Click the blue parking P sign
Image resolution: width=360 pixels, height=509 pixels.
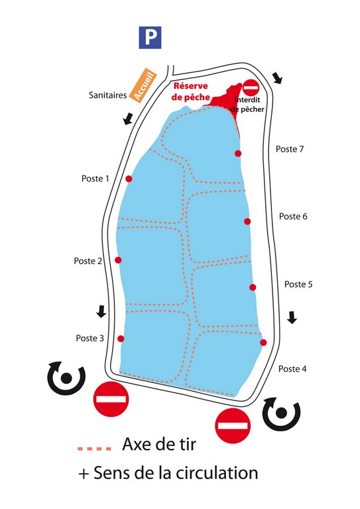tap(150, 37)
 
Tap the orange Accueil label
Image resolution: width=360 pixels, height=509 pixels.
tap(143, 85)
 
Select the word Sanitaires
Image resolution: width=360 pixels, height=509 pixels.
tap(108, 95)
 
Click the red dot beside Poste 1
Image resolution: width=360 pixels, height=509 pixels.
tap(129, 179)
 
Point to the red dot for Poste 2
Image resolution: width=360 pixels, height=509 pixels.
tap(118, 260)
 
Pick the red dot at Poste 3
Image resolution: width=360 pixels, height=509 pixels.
tap(121, 339)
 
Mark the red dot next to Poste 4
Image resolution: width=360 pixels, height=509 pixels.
tap(263, 343)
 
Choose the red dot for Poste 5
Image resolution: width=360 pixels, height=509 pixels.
tap(253, 287)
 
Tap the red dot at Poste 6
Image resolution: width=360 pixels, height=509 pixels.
tap(247, 221)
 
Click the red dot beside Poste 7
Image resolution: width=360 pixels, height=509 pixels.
tap(238, 154)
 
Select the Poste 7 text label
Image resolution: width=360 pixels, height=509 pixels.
tap(290, 149)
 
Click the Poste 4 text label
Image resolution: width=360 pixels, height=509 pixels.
tap(292, 368)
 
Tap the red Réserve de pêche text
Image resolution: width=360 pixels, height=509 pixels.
tap(190, 91)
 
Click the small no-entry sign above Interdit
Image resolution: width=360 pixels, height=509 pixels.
tap(251, 87)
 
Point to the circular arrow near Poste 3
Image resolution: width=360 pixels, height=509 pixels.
tap(66, 378)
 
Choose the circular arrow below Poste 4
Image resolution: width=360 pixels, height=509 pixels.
tap(282, 414)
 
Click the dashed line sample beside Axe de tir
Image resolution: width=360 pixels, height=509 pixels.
tap(94, 449)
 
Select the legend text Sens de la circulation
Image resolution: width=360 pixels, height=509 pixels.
tap(176, 473)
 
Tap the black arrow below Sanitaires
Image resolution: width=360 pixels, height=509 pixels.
tap(128, 118)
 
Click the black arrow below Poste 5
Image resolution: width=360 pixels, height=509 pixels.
tap(292, 317)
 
